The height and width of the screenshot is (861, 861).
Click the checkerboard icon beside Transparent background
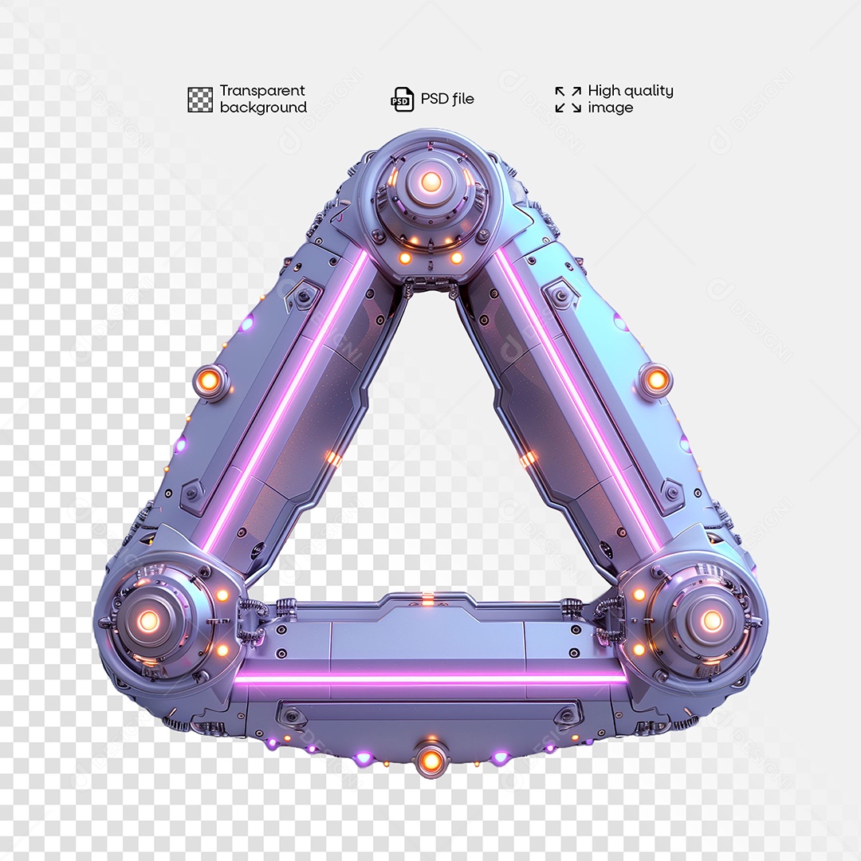(x=200, y=100)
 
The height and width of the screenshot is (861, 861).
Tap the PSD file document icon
(x=402, y=99)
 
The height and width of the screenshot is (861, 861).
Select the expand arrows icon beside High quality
(x=568, y=100)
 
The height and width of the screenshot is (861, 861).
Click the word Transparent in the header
(x=262, y=91)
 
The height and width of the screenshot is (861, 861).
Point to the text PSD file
(x=446, y=99)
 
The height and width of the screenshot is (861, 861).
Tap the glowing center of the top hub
(x=431, y=182)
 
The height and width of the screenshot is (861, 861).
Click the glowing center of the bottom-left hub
(x=149, y=620)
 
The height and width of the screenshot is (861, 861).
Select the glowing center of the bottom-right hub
(x=711, y=620)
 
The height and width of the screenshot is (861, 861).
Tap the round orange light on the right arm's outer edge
(x=656, y=380)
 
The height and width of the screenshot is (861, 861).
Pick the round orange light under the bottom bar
(x=431, y=760)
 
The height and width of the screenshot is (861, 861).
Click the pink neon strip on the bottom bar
(x=431, y=678)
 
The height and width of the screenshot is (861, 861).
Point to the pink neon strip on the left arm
(x=287, y=399)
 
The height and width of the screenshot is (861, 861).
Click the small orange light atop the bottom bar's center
(x=428, y=598)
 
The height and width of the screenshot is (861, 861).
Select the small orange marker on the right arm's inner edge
(x=527, y=458)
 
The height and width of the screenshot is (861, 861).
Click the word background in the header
(x=263, y=108)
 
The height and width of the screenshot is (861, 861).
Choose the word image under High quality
(x=610, y=108)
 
